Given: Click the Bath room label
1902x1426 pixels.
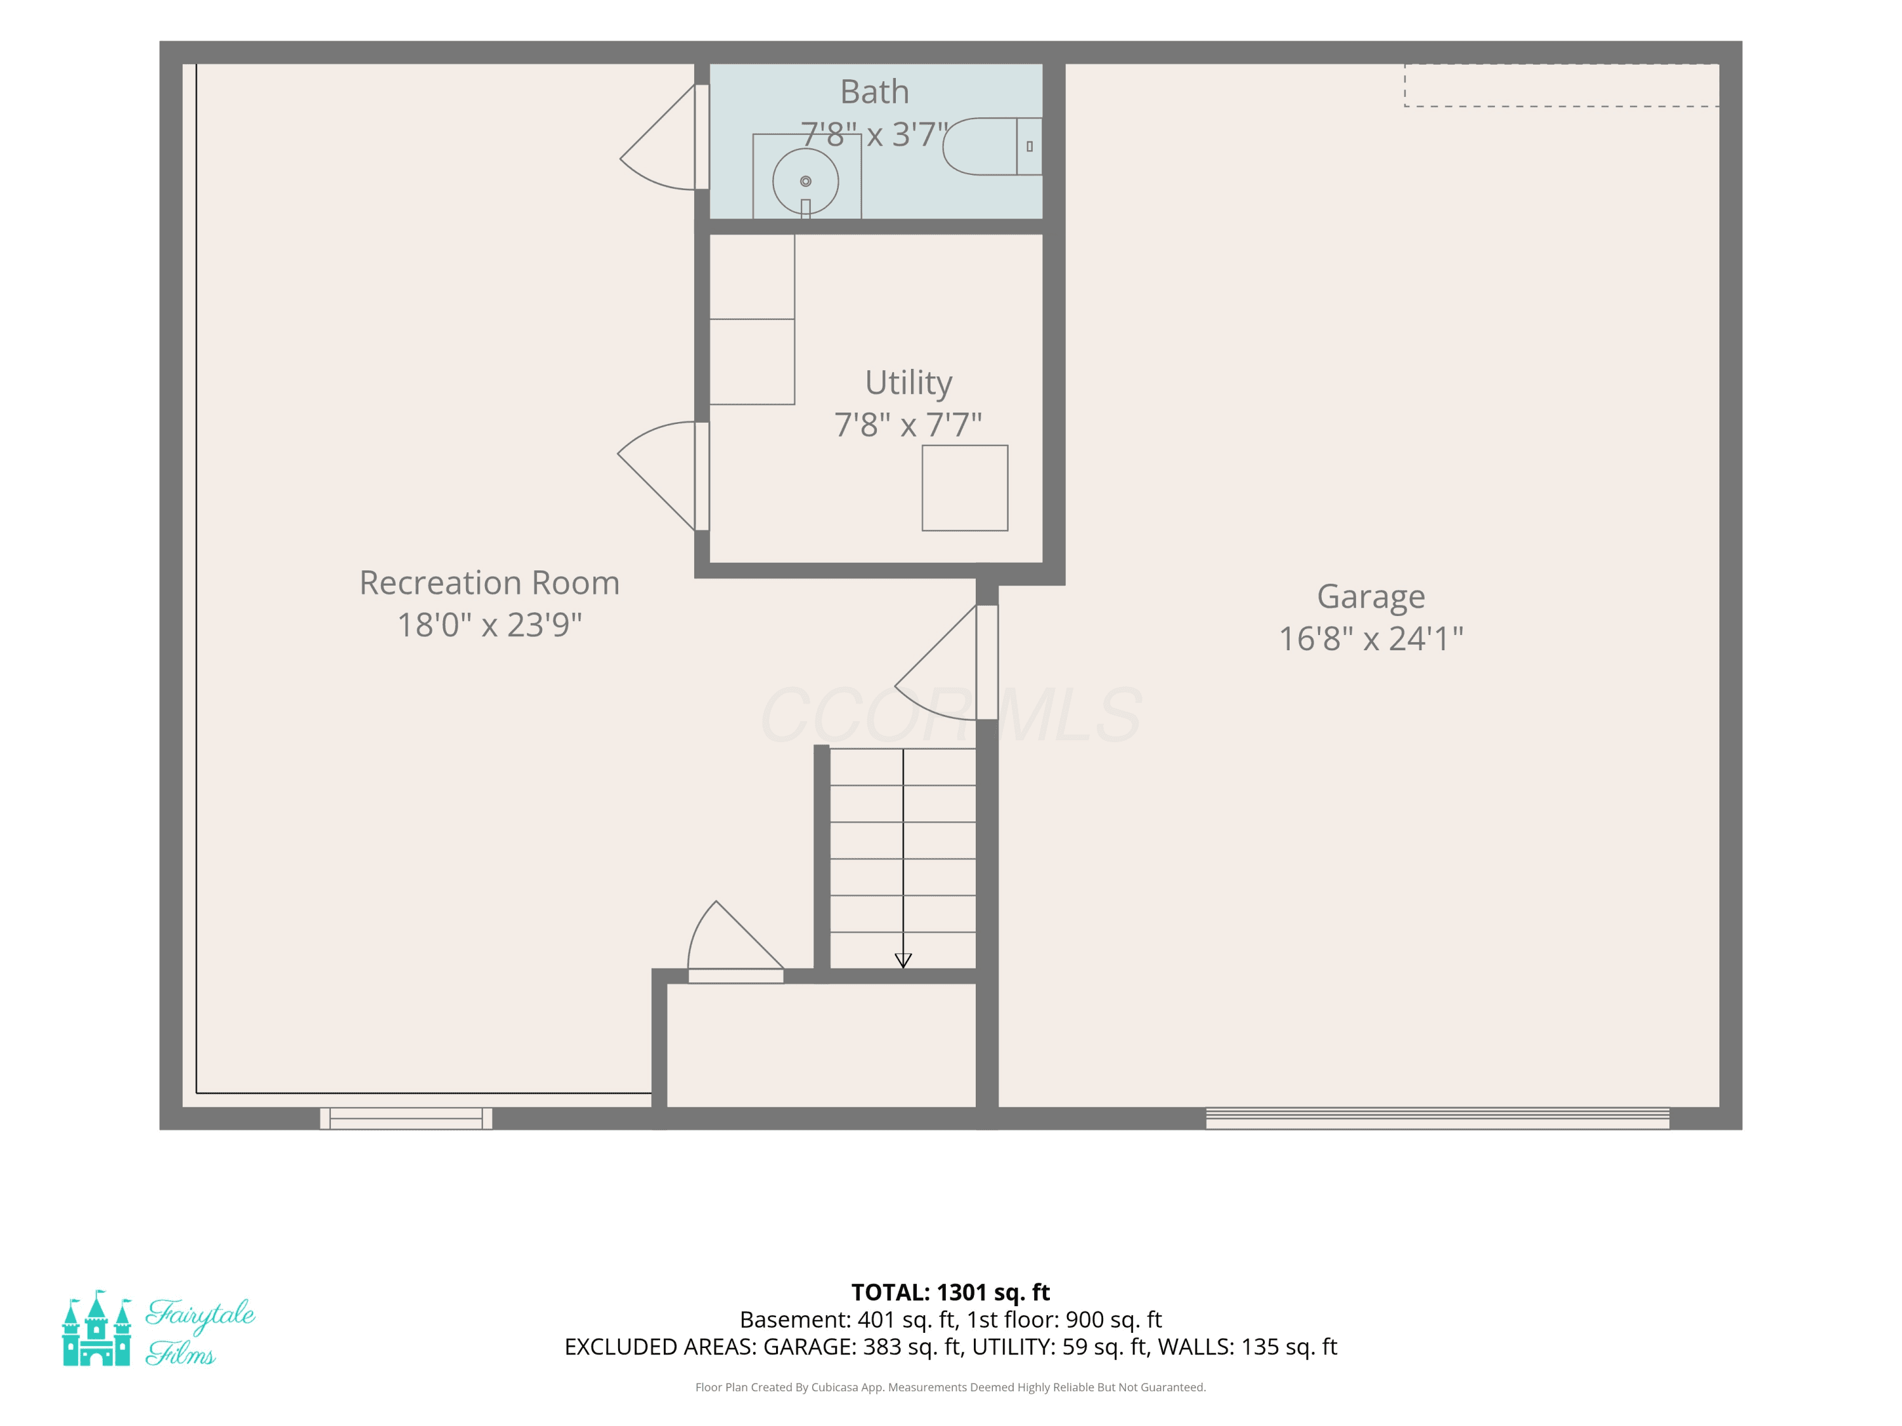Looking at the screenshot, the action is click(x=874, y=91).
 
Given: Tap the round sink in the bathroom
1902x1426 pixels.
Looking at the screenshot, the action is click(x=806, y=181).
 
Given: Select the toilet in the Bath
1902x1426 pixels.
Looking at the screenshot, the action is click(x=992, y=146).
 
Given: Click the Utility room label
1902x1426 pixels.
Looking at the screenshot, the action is click(x=909, y=383).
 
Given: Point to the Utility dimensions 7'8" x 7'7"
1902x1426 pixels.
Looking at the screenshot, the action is click(x=908, y=424).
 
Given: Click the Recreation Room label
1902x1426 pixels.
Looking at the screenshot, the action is click(x=489, y=583).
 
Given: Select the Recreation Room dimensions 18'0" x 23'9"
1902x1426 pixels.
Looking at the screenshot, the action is click(x=489, y=625).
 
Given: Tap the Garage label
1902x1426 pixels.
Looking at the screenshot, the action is click(x=1371, y=596).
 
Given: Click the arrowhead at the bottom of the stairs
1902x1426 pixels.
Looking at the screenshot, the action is click(x=903, y=960).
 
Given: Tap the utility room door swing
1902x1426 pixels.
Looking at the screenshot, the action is click(x=659, y=476).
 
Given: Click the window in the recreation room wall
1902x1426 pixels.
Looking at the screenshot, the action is click(x=406, y=1117).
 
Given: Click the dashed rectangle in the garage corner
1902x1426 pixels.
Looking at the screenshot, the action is click(x=1562, y=85).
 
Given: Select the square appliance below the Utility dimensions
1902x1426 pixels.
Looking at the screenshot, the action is click(x=965, y=487).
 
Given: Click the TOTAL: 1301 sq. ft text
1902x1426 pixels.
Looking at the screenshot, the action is click(x=950, y=1292).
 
